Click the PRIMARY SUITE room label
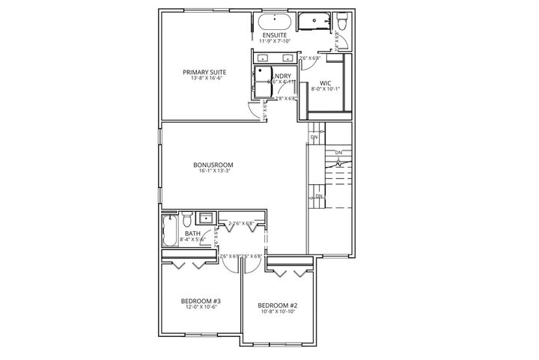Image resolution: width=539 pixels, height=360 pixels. tap(204, 73)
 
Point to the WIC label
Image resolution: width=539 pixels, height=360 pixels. tap(326, 83)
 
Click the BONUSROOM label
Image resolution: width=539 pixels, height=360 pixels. tap(213, 164)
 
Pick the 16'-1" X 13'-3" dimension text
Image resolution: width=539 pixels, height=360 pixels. tap(213, 171)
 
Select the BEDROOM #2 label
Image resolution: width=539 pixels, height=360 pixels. tap(278, 305)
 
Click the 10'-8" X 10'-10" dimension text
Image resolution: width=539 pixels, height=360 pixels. tap(278, 312)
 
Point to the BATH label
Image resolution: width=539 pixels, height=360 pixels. tap(192, 234)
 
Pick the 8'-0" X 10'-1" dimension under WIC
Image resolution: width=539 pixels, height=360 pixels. tap(326, 91)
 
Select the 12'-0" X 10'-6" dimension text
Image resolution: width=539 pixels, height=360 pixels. tap(199, 308)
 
